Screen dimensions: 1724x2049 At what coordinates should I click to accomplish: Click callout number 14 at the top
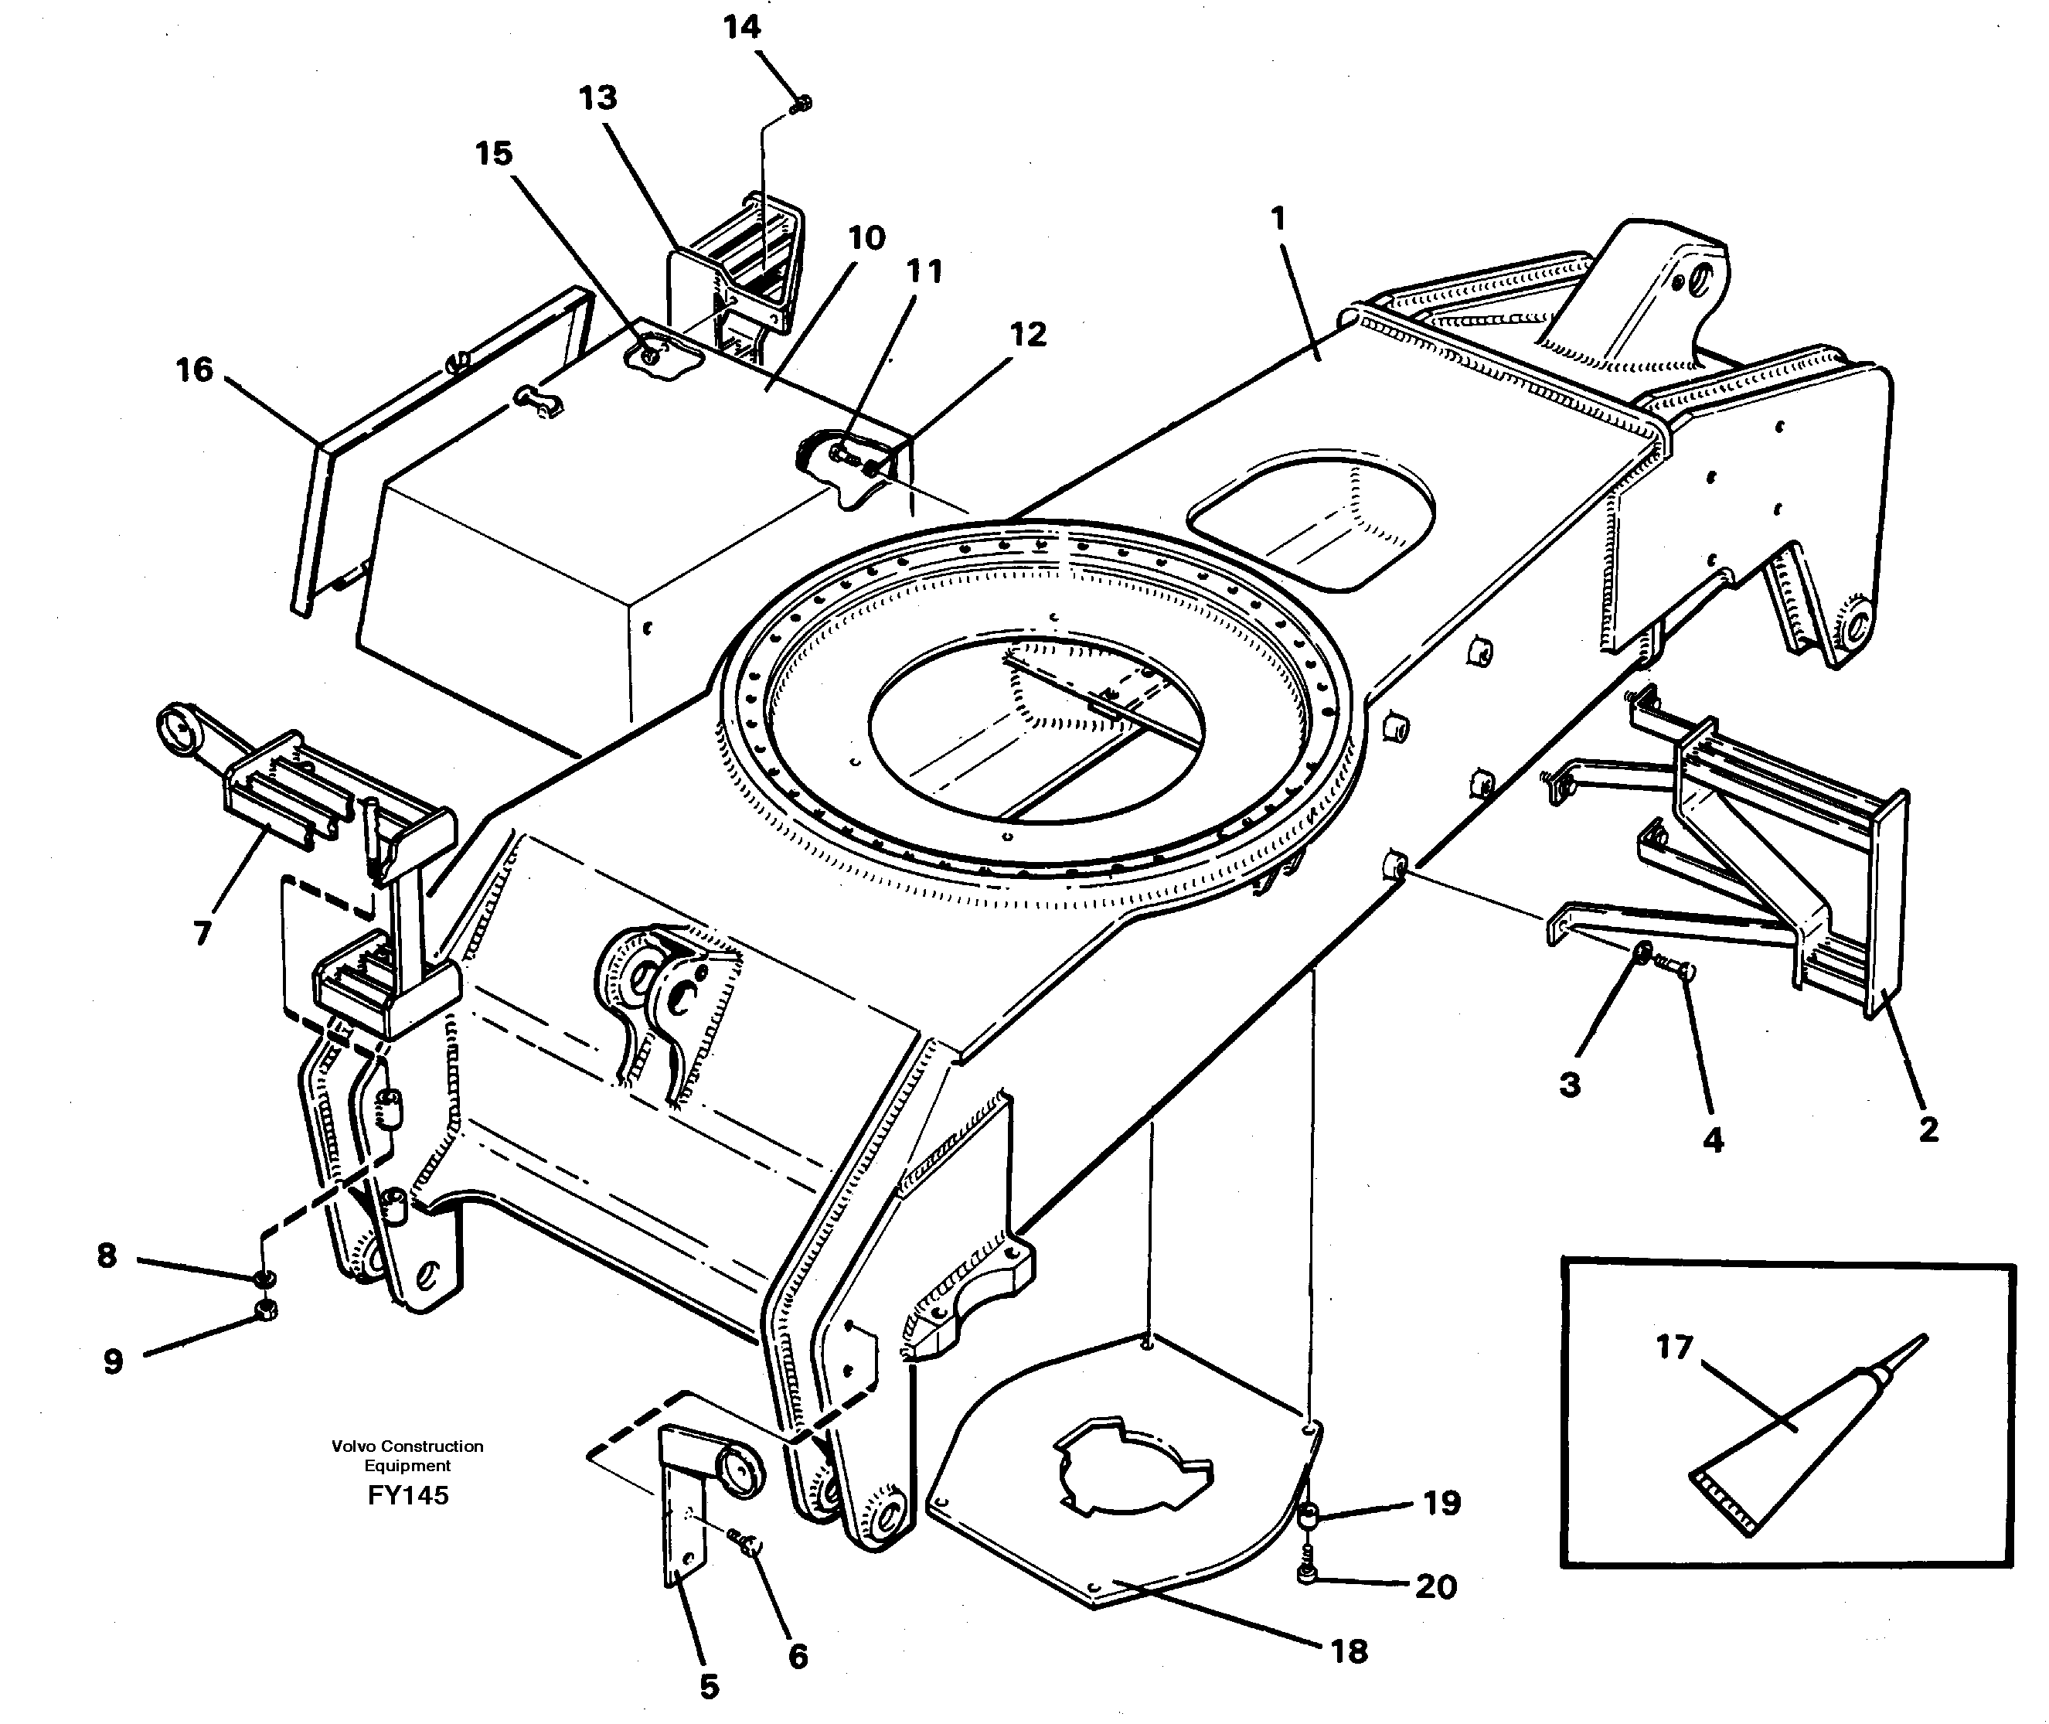(742, 27)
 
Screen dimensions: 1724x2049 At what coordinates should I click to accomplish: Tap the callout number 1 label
(1278, 219)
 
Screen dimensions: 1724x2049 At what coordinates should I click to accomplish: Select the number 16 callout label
(195, 370)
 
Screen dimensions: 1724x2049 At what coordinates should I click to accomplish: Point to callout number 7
(203, 933)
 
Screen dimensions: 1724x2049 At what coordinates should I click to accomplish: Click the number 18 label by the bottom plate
(1350, 1651)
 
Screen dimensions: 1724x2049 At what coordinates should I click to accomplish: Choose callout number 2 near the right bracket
(1928, 1129)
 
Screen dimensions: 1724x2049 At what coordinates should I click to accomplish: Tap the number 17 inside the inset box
(1674, 1348)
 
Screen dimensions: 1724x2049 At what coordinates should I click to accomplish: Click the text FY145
(408, 1495)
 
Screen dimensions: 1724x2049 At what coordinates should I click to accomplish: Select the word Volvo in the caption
(354, 1446)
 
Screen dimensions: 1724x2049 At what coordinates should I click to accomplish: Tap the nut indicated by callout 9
(265, 1310)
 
